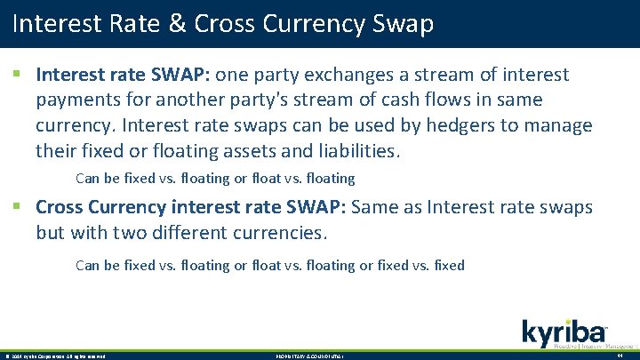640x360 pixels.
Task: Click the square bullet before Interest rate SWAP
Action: (18, 76)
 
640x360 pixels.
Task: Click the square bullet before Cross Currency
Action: (18, 208)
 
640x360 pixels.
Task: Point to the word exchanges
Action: (348, 76)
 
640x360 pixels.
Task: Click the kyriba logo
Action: (566, 332)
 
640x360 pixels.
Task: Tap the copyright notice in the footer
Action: (55, 356)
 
